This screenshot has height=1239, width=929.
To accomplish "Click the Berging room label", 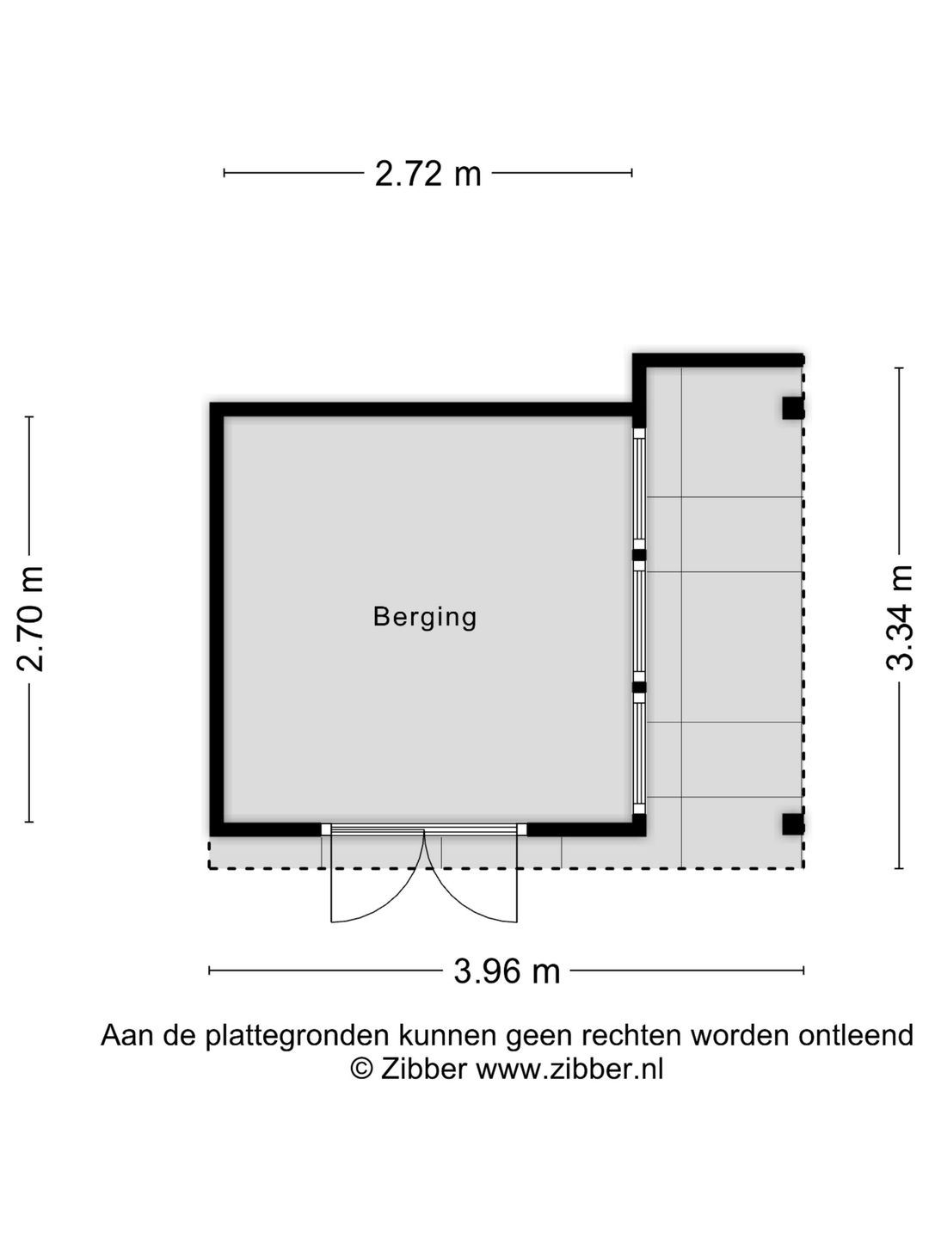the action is pyautogui.click(x=425, y=617).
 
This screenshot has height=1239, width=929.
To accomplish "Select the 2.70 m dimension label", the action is pyautogui.click(x=30, y=619).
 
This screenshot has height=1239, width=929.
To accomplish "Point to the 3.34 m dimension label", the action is pyautogui.click(x=899, y=618).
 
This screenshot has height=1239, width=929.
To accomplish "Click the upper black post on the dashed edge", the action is pyautogui.click(x=792, y=408).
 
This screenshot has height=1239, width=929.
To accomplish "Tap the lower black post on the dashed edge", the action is pyautogui.click(x=792, y=823).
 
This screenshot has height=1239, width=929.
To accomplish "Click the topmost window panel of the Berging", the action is pyautogui.click(x=638, y=489).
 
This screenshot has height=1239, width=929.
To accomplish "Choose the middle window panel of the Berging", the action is pyautogui.click(x=638, y=621).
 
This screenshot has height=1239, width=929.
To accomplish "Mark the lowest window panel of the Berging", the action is pyautogui.click(x=638, y=754).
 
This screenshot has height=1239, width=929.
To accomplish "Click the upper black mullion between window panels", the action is pyautogui.click(x=638, y=555).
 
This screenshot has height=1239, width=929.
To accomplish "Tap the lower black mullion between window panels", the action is pyautogui.click(x=638, y=687).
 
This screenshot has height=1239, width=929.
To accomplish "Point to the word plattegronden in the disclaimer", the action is pyautogui.click(x=297, y=1036).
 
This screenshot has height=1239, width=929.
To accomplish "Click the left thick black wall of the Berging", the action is pyautogui.click(x=217, y=619).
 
